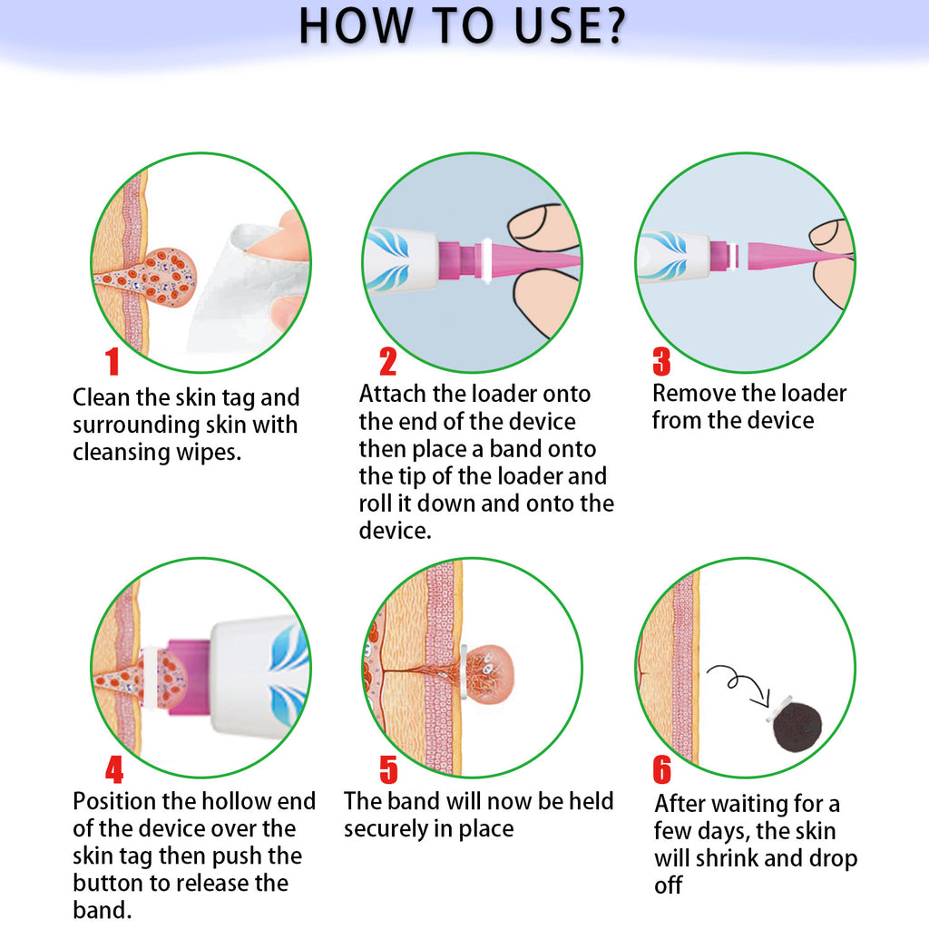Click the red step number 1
pyautogui.click(x=112, y=362)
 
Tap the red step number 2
pyautogui.click(x=387, y=362)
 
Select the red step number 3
pyautogui.click(x=661, y=362)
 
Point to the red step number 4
pyautogui.click(x=114, y=769)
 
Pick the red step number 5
pyautogui.click(x=388, y=769)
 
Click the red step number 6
pyautogui.click(x=662, y=769)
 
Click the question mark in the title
pyautogui.click(x=610, y=26)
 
